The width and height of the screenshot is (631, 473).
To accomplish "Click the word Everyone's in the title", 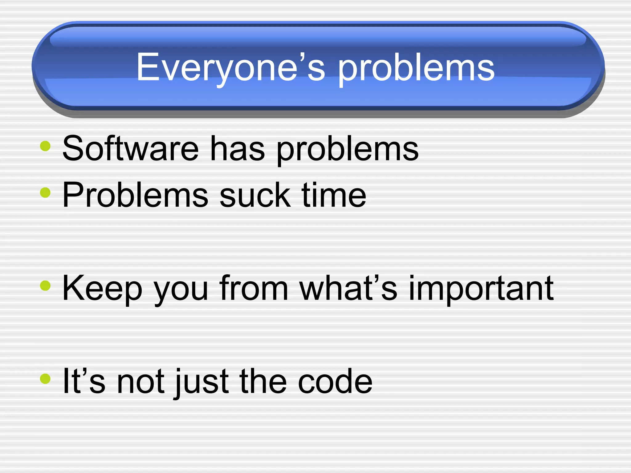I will (230, 67).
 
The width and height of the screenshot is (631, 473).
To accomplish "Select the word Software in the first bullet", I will (130, 148).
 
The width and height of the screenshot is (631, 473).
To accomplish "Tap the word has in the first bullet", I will (237, 148).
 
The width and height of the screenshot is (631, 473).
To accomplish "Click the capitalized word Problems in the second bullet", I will (135, 195).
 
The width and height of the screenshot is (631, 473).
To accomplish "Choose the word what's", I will (348, 288).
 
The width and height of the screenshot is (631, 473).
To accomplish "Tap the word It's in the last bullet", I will (83, 382).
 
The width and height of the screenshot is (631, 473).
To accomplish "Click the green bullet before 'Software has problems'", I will (45, 146).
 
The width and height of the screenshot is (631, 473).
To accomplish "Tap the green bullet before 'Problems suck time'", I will (45, 193).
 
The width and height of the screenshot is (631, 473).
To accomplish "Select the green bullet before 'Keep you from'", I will (45, 285).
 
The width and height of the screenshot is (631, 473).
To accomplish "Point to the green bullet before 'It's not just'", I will (45, 379).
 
